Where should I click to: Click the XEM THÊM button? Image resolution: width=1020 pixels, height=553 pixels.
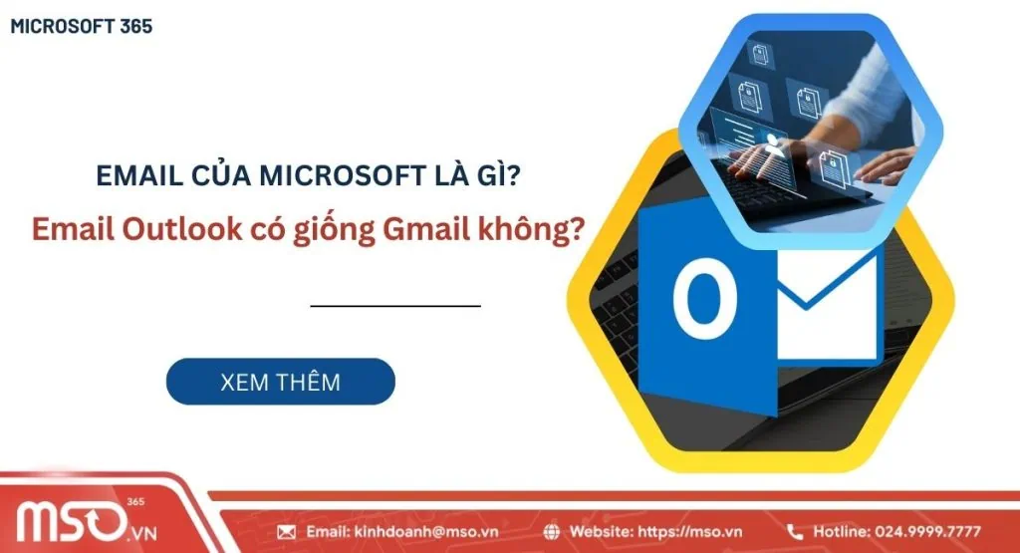click(280, 382)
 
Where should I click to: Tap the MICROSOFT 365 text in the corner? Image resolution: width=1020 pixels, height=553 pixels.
click(81, 27)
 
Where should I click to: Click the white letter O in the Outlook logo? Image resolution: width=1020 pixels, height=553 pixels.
click(704, 296)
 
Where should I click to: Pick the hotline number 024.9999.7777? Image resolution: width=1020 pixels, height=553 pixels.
click(923, 531)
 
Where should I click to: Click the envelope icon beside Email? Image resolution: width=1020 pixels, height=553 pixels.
click(287, 531)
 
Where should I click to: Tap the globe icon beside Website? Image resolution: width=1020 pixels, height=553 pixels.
click(578, 531)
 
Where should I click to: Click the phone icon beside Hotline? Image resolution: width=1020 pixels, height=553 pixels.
click(795, 531)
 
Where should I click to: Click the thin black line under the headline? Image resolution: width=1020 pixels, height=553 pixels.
click(395, 306)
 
